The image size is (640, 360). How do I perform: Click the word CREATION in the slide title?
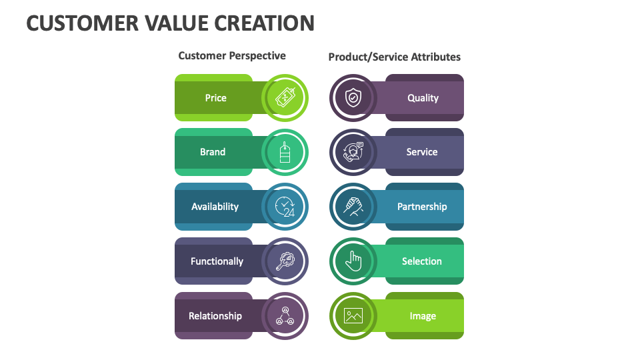(x=265, y=23)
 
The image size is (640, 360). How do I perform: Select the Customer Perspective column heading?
(x=232, y=56)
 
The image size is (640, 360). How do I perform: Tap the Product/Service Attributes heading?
(x=394, y=57)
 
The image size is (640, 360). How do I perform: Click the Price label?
(x=215, y=98)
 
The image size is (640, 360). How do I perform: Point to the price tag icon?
(x=285, y=98)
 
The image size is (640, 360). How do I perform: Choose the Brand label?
(x=213, y=152)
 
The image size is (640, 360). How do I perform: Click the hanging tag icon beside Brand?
(x=285, y=152)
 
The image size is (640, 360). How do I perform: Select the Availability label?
(x=215, y=207)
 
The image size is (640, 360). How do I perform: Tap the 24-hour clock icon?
(x=285, y=207)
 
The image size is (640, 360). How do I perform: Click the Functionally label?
(x=217, y=261)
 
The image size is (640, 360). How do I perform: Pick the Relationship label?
(x=215, y=316)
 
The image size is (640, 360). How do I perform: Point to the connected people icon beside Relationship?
(x=285, y=316)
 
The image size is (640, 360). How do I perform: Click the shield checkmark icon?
(x=353, y=98)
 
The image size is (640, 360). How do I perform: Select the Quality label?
(x=423, y=98)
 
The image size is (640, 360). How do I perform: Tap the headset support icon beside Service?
(x=353, y=152)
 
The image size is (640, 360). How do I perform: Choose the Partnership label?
(x=422, y=207)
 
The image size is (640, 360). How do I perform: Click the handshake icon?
(x=353, y=207)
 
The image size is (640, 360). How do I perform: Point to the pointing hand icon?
(x=353, y=261)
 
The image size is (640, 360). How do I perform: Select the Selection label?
(x=421, y=261)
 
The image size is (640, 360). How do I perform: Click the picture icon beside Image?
(x=353, y=316)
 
